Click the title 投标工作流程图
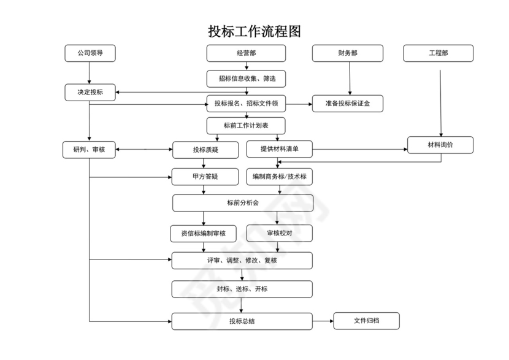pos(255,31)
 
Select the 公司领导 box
pos(90,53)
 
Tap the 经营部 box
pos(246,53)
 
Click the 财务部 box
pos(348,53)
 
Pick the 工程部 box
pos(438,53)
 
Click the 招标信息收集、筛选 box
pos(246,79)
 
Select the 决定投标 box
pos(90,93)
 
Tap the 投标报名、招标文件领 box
pos(246,104)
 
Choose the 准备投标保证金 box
pos(348,104)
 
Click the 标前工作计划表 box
pos(246,125)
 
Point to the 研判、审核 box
pos(89,150)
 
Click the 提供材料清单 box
pos(280,149)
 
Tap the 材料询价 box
pos(440,145)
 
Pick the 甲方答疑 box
pos(205,177)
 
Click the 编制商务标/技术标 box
pos(280,177)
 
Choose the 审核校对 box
pos(279,233)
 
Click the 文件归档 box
pos(366,321)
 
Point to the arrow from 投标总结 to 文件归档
pos(323,321)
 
